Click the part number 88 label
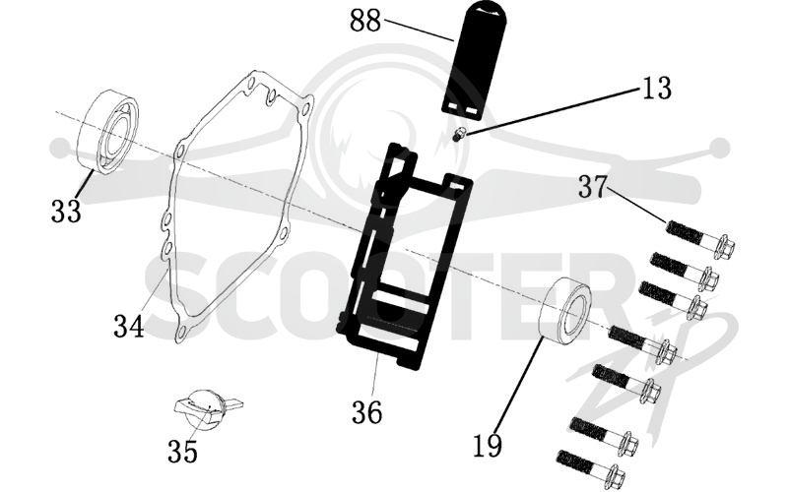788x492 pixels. coord(365,21)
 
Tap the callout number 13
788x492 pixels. coord(656,88)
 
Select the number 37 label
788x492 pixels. coord(594,186)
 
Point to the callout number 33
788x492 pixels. coord(66,211)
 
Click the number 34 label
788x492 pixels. coord(129,326)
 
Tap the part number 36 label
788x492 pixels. coord(366,412)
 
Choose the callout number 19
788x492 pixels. coord(488,446)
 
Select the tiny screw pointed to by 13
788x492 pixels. coord(457,135)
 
